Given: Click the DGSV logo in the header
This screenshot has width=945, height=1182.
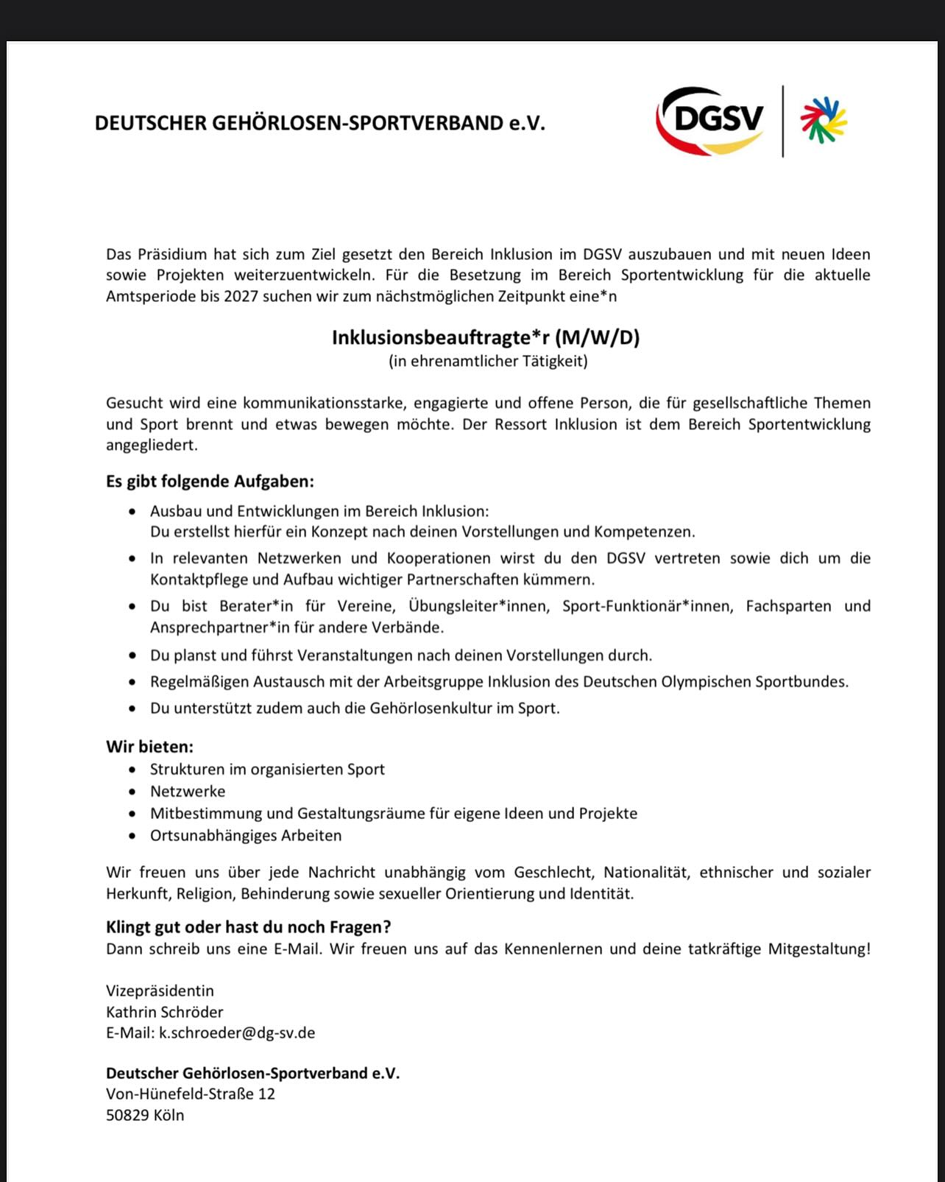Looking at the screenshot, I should tap(710, 121).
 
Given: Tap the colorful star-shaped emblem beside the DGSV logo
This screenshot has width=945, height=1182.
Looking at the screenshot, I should tap(824, 120).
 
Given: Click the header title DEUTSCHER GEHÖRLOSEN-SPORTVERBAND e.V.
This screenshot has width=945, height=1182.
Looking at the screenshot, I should tap(320, 123).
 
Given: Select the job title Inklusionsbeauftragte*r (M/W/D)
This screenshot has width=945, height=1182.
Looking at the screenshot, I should tap(486, 337).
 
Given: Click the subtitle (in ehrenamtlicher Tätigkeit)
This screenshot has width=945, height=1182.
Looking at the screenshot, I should tap(488, 361).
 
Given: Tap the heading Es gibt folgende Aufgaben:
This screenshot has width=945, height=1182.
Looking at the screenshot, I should tap(210, 482).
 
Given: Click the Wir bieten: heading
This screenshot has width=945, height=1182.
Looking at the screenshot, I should tap(149, 747).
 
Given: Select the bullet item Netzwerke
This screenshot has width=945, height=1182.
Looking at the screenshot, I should tap(188, 792).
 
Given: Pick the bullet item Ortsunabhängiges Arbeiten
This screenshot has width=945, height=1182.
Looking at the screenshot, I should tap(246, 836).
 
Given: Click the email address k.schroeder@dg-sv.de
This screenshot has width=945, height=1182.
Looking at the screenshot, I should tap(237, 1033).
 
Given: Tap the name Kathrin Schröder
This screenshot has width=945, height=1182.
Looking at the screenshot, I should tap(164, 1012).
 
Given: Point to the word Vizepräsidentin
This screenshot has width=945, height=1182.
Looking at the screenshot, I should tap(160, 991).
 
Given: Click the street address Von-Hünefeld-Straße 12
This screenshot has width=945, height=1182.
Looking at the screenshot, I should tap(191, 1094).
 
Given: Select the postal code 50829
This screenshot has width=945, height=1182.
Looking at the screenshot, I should tap(127, 1115).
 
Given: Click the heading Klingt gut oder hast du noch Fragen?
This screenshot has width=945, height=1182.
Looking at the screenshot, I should tap(249, 926).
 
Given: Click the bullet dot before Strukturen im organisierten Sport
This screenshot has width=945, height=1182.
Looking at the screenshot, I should tap(132, 770).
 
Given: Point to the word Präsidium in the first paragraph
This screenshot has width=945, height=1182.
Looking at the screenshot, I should tap(173, 255).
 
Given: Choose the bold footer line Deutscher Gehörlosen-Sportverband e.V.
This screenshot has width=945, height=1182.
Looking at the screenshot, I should tap(252, 1073).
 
